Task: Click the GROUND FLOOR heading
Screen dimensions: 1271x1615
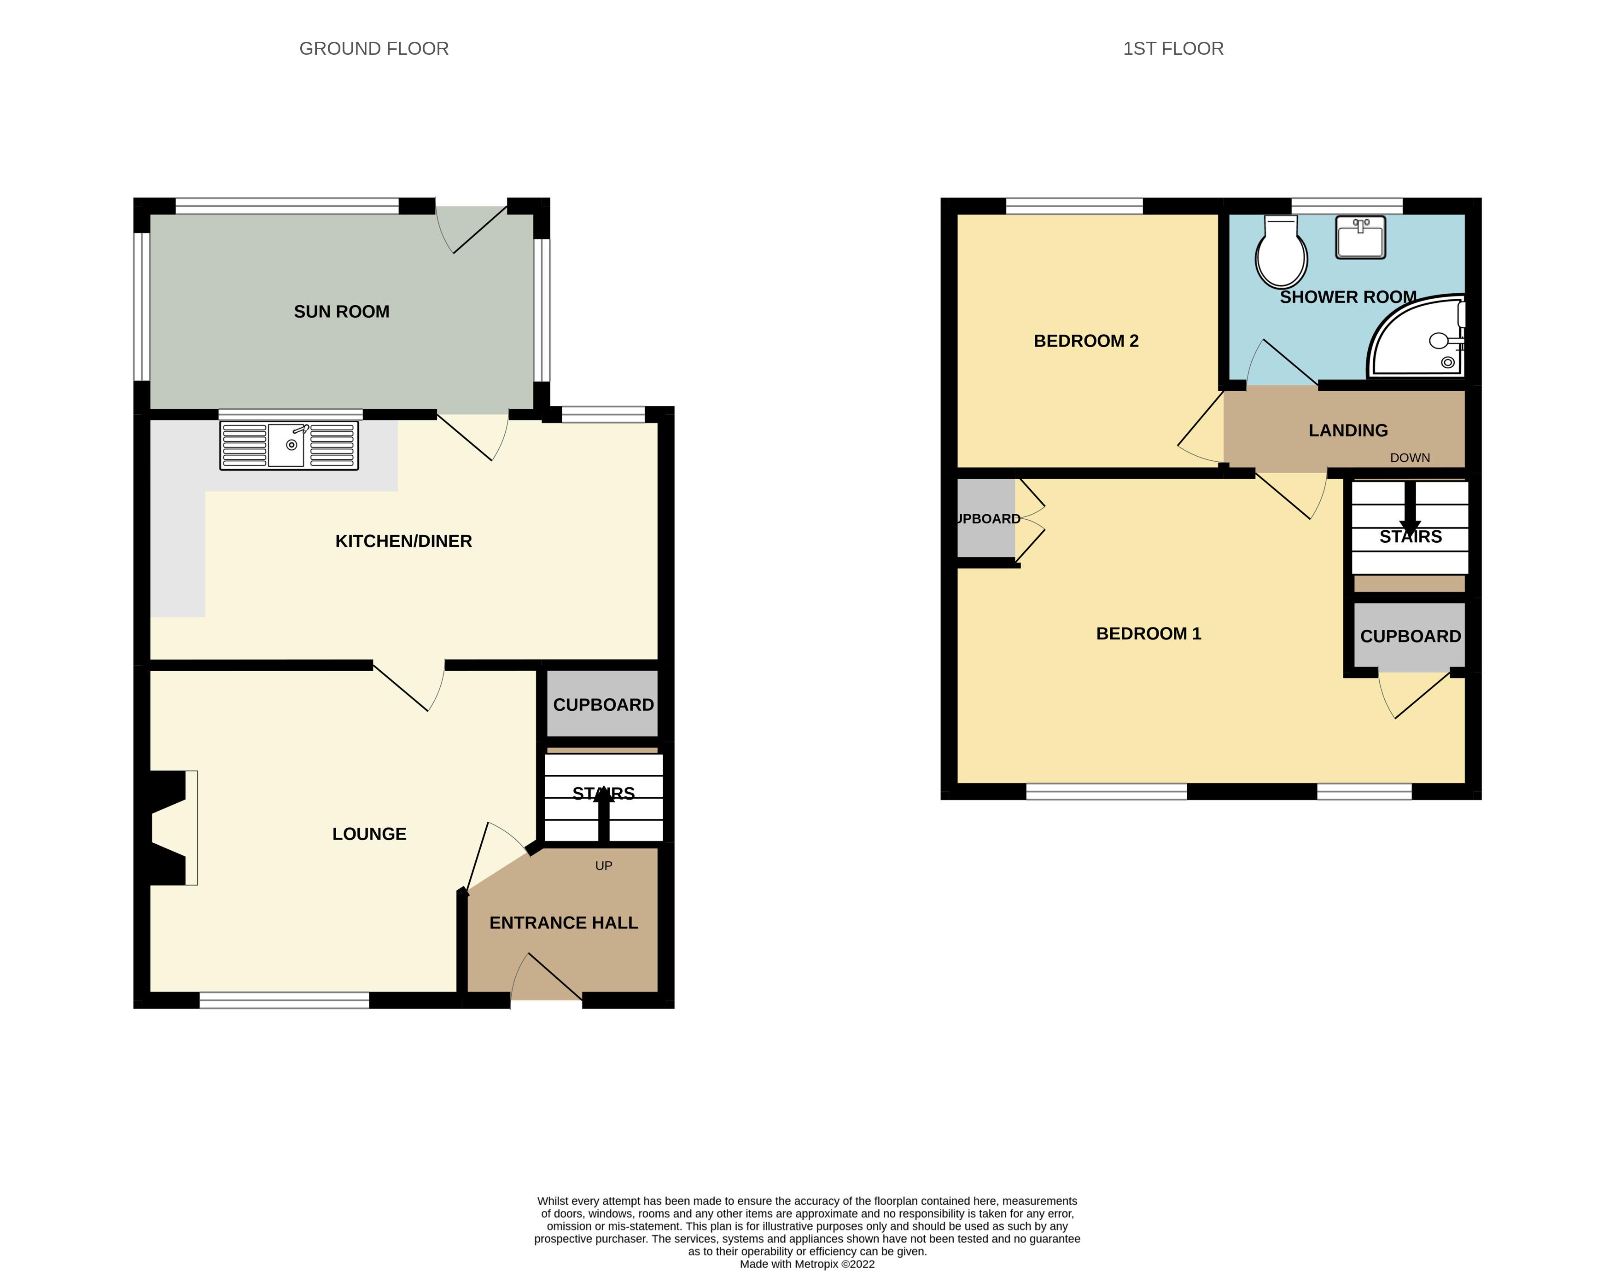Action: click(373, 49)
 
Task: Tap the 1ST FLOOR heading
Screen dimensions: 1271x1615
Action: click(1173, 49)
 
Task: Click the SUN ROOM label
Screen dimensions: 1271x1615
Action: click(342, 312)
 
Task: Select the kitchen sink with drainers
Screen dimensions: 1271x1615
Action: click(289, 446)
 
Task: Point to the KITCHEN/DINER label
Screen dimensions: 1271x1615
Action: click(403, 541)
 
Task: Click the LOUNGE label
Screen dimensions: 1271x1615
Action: click(369, 834)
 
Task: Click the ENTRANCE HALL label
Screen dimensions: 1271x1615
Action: click(563, 923)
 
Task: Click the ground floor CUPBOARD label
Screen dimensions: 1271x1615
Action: click(604, 705)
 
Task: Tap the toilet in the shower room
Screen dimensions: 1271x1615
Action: click(1281, 253)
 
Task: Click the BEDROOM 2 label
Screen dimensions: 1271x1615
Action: click(1086, 341)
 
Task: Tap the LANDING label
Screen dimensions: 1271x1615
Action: click(1348, 430)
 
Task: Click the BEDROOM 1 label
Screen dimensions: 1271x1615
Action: click(1149, 633)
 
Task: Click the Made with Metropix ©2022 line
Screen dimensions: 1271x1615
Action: click(807, 1264)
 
